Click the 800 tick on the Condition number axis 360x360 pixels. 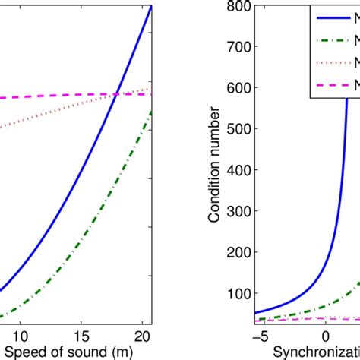[239, 8]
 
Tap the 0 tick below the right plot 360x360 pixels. [326, 335]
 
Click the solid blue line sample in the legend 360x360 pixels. [335, 16]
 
